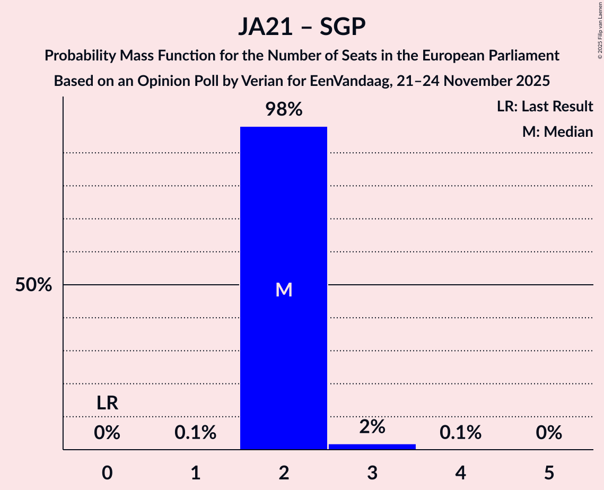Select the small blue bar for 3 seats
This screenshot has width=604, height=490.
(x=372, y=447)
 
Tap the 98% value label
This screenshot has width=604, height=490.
(x=284, y=110)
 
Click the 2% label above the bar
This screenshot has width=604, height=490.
(x=372, y=427)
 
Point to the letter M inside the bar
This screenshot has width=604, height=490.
(x=284, y=290)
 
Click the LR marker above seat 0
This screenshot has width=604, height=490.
(x=107, y=404)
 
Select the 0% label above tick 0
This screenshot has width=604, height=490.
(x=107, y=433)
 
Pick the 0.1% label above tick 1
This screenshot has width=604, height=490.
(x=195, y=433)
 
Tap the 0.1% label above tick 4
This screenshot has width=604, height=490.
(x=460, y=433)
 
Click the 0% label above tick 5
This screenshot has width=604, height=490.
(x=548, y=433)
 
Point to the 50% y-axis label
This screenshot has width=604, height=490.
(x=33, y=285)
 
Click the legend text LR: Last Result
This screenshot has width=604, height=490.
(x=545, y=107)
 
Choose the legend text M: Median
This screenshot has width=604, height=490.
(x=557, y=132)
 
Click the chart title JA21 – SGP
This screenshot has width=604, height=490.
(x=302, y=27)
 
